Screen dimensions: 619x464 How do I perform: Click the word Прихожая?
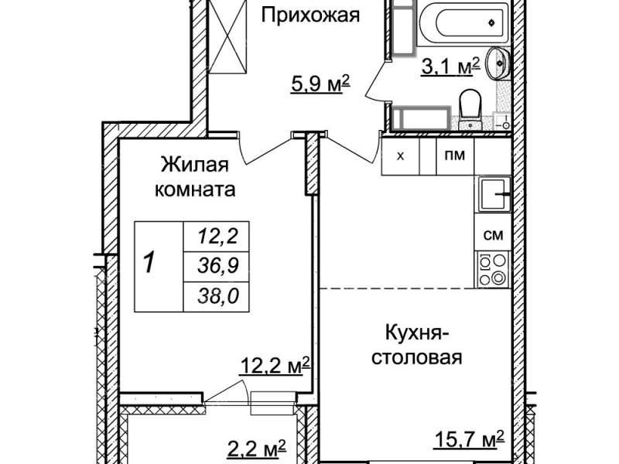tap(310, 15)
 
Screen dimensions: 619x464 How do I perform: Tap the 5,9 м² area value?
tap(320, 84)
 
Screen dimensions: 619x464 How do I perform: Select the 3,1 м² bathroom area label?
tap(450, 66)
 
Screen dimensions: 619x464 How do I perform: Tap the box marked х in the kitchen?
tap(400, 156)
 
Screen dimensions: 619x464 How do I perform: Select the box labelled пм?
tap(455, 156)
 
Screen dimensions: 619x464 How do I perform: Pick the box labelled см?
tap(493, 235)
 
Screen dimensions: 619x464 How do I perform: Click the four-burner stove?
tap(493, 269)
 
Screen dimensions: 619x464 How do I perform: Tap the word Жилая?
tap(195, 165)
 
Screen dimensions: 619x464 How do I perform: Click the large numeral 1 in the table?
tap(149, 263)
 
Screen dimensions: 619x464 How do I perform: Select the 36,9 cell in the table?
tap(218, 265)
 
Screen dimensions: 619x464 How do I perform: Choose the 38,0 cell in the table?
tap(218, 296)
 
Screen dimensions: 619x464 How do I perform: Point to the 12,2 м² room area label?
tap(275, 365)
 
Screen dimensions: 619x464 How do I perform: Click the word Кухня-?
tap(418, 333)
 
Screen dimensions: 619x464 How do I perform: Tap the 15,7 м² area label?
tap(469, 439)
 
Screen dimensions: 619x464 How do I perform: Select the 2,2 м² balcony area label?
tap(258, 449)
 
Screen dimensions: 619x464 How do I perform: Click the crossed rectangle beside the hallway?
tap(227, 36)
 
